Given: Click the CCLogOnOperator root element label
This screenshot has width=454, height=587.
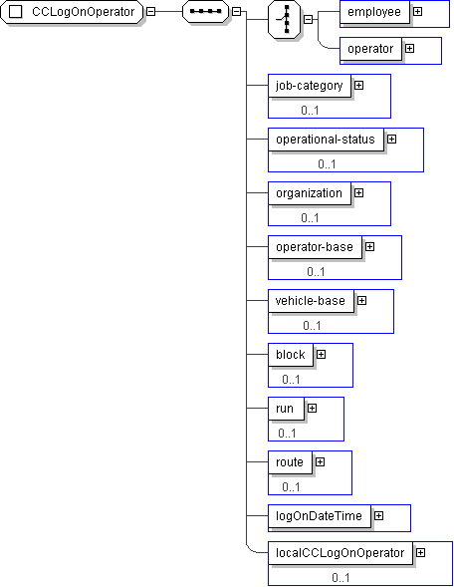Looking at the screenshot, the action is (x=83, y=12).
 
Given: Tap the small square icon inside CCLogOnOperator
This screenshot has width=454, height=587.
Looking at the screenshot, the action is (x=15, y=12).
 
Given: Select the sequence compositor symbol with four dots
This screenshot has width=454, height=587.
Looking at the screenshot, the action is (x=205, y=12).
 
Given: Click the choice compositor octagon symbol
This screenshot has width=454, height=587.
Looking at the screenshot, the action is (x=284, y=19).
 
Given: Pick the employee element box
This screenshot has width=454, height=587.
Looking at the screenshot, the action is (x=374, y=12).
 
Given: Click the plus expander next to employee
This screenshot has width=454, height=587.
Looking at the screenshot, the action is (x=418, y=12).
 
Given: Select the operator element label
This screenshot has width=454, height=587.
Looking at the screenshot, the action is (x=370, y=49).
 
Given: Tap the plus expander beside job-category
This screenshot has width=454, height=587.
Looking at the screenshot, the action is (x=359, y=86).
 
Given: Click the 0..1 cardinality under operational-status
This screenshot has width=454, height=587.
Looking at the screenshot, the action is (x=327, y=164).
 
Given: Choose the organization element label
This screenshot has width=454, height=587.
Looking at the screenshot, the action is (x=309, y=193).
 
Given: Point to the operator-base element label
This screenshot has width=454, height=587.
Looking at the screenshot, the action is (x=315, y=247).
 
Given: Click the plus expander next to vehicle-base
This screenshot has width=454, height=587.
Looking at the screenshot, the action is (x=362, y=301).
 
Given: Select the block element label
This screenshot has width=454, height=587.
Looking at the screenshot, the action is (x=290, y=355).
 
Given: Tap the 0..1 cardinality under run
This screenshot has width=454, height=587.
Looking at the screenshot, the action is (x=287, y=434).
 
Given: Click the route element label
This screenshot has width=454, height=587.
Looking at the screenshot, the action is (x=290, y=462).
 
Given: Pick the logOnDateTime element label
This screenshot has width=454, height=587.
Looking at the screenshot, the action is (x=319, y=516).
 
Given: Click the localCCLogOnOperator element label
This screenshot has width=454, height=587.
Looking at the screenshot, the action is (x=340, y=553).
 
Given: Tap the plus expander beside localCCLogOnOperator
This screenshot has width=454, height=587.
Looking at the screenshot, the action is (x=421, y=552).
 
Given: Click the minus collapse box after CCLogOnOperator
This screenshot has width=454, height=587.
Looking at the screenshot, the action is (x=150, y=12).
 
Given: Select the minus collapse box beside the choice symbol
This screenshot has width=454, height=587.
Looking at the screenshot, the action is (x=309, y=19).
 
